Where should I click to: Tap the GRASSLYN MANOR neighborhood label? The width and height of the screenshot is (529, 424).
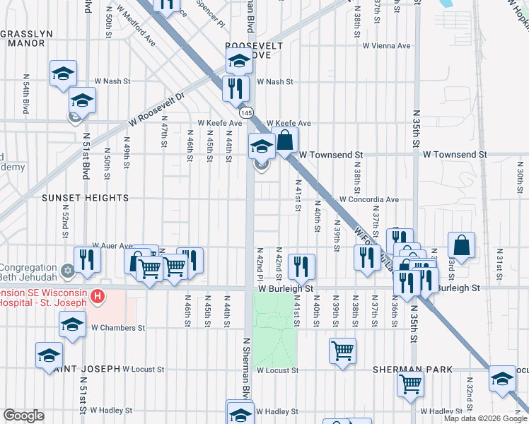(x=26, y=37)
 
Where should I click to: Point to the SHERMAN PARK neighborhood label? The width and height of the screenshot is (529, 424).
(x=406, y=370)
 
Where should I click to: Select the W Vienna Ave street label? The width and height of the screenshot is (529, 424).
(x=386, y=46)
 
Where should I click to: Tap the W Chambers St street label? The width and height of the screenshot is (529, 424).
(x=117, y=328)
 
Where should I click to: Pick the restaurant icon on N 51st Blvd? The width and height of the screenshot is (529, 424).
(x=87, y=260)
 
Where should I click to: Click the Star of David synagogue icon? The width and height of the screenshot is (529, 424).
(x=69, y=270)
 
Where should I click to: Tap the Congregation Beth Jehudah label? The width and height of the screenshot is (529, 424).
(x=29, y=273)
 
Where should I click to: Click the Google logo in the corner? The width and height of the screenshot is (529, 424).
(x=24, y=416)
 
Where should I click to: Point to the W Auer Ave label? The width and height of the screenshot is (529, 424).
(x=112, y=246)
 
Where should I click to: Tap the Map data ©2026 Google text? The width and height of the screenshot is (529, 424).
(x=485, y=418)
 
